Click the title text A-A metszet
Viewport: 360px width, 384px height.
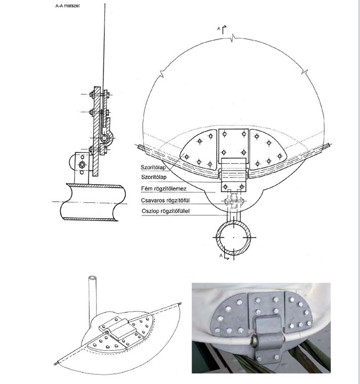coord(67,6)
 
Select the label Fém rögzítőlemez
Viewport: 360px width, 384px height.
coord(164,189)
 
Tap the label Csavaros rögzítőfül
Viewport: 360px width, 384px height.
coord(165,200)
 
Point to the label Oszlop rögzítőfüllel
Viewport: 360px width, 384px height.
coord(166,211)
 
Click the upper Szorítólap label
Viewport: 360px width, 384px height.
coord(153,167)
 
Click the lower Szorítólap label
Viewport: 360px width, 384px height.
coord(154,177)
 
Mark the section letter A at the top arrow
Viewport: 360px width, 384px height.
coord(219,28)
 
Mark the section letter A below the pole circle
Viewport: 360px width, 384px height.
coord(221,256)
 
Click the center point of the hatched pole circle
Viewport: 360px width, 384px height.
coord(233,237)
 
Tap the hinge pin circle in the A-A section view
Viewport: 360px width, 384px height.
coord(104,138)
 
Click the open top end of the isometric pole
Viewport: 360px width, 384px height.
coord(92,278)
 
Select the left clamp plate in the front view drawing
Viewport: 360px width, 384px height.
coord(199,150)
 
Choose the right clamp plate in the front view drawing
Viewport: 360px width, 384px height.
coord(268,149)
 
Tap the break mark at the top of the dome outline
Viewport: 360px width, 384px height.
coord(233,38)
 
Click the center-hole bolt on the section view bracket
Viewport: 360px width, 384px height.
coord(82,164)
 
